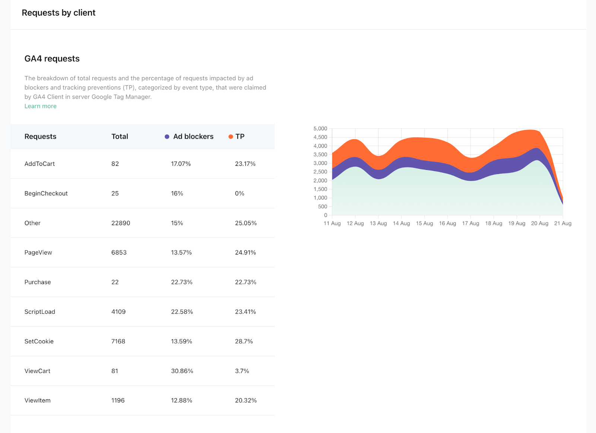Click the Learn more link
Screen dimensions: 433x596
click(40, 106)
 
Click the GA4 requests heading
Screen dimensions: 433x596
click(52, 59)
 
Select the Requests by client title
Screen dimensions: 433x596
click(58, 13)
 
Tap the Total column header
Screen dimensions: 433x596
click(120, 136)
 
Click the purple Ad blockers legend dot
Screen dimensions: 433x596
click(167, 137)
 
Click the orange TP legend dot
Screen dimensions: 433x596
click(231, 137)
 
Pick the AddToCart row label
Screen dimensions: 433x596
click(39, 164)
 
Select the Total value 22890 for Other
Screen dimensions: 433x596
click(121, 223)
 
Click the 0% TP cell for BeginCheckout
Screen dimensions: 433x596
click(240, 193)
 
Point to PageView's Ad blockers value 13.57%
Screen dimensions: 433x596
click(181, 253)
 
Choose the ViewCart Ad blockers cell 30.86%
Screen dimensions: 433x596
click(182, 371)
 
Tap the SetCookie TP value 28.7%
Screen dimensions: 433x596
click(244, 341)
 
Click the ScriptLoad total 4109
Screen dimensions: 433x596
click(118, 312)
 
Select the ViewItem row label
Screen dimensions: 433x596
click(37, 401)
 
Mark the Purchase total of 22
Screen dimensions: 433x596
click(115, 282)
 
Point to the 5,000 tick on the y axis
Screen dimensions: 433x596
click(320, 129)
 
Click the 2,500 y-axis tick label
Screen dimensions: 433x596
click(320, 172)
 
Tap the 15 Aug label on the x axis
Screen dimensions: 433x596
click(424, 223)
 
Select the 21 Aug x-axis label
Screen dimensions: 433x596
click(562, 223)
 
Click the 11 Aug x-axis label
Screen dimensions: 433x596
click(332, 223)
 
